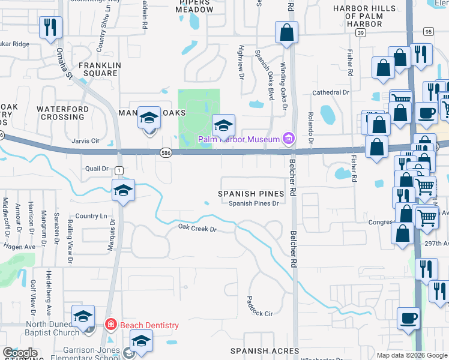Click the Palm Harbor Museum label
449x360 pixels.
(240, 139)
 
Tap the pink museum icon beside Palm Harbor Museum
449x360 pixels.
(289, 139)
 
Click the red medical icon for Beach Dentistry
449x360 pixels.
(111, 325)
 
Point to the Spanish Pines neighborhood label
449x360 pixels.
(250, 194)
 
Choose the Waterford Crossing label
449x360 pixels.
(62, 113)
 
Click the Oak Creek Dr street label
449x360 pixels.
(197, 228)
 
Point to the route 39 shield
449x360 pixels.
(360, 34)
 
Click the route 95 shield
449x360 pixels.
(427, 31)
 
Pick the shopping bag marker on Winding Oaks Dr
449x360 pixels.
(287, 32)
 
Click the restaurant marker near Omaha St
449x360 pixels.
(50, 27)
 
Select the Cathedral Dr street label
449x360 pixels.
(330, 92)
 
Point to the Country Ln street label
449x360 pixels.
(91, 216)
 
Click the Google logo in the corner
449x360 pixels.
(20, 353)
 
